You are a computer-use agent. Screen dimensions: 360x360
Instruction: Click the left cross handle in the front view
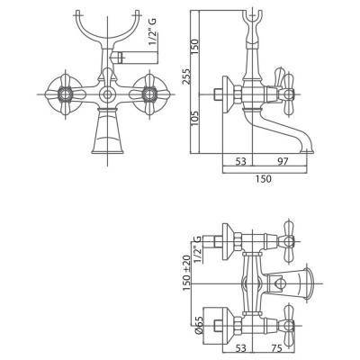coord(67,94)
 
